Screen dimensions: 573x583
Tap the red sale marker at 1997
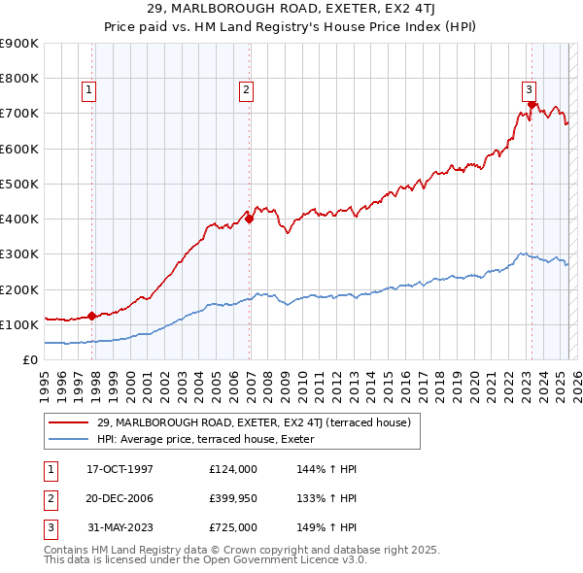(x=91, y=316)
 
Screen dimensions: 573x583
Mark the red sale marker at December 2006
(x=250, y=219)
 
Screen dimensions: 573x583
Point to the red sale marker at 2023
(x=532, y=105)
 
